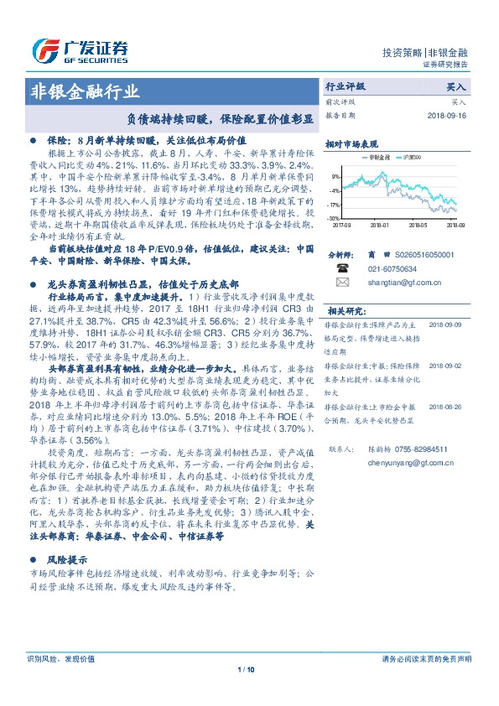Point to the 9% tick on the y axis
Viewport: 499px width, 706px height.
pos(335,176)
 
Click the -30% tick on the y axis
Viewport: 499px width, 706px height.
pos(334,218)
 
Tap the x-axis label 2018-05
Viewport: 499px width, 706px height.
pos(417,225)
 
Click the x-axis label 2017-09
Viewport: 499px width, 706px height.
pos(341,225)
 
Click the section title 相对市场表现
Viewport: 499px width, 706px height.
pos(351,144)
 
